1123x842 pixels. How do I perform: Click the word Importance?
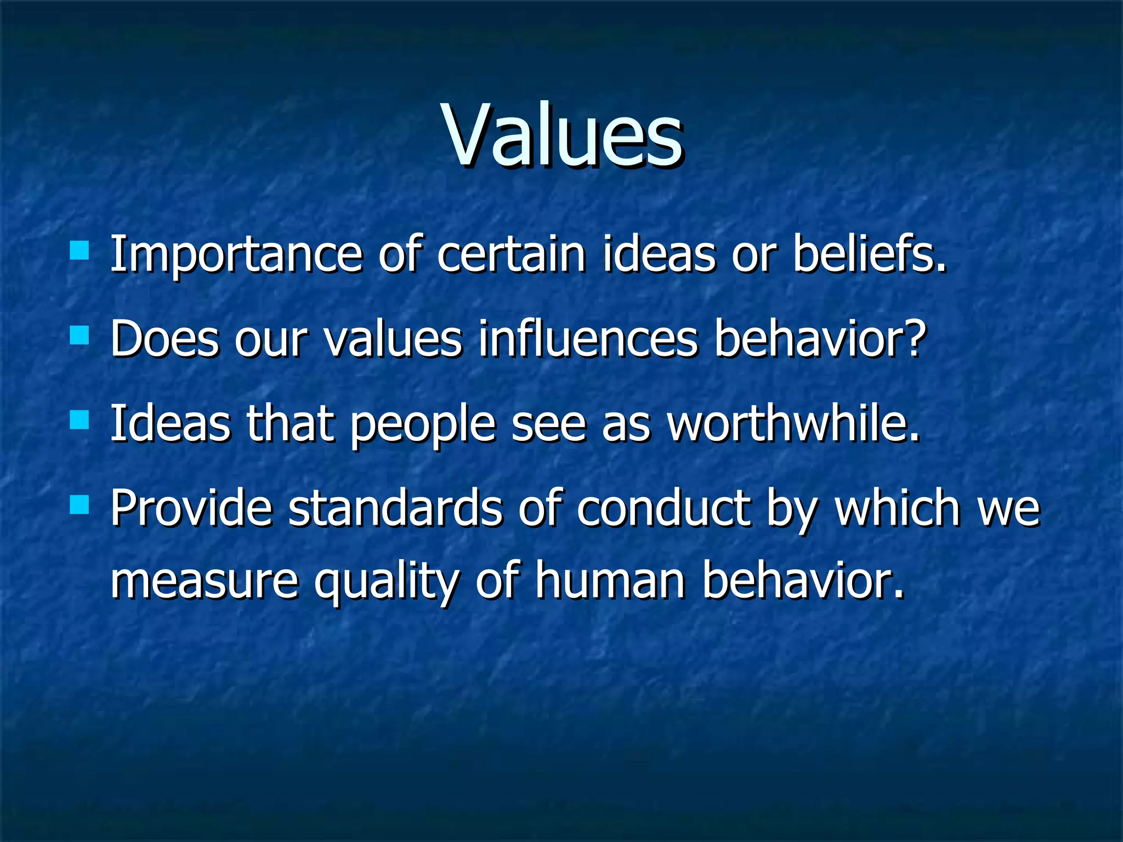click(x=236, y=255)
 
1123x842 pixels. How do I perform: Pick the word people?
click(x=422, y=425)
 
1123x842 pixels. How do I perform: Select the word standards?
click(x=395, y=508)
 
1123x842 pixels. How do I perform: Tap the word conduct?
click(x=663, y=508)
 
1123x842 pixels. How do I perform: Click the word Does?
click(x=165, y=339)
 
